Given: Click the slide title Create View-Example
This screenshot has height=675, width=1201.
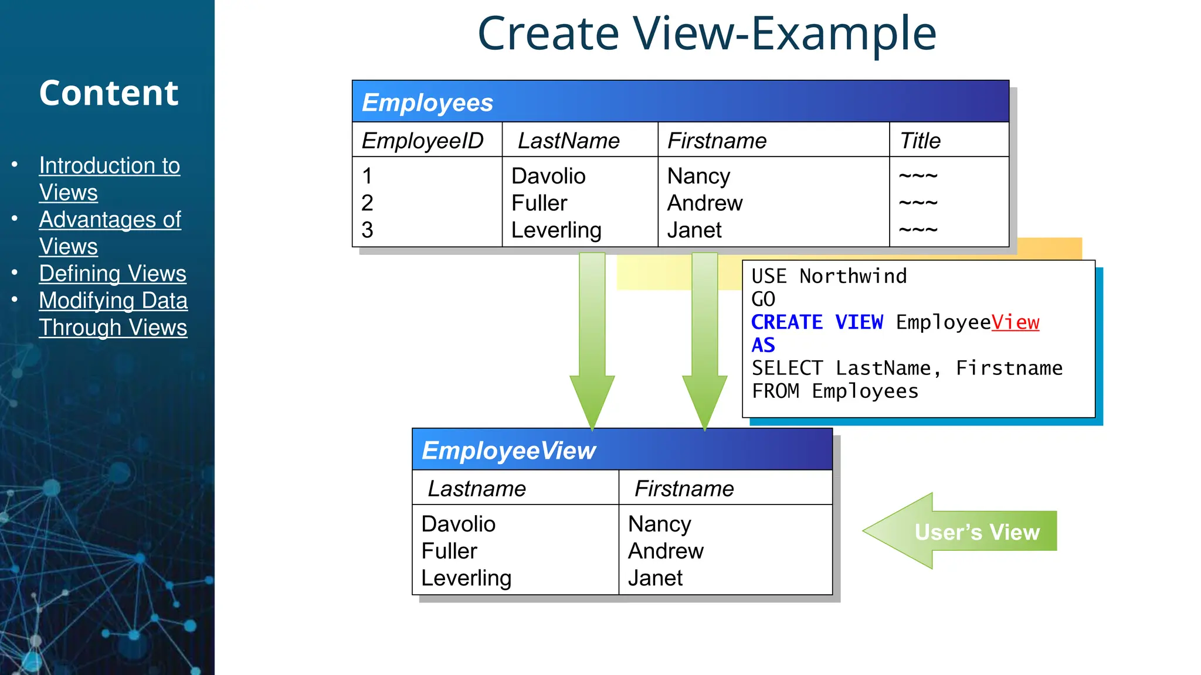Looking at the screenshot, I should (x=707, y=34).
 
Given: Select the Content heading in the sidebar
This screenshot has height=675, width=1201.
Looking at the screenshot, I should (x=108, y=93).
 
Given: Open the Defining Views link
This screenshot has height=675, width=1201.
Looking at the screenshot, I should (x=113, y=274).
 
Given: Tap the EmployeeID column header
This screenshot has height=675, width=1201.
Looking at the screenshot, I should (x=422, y=141).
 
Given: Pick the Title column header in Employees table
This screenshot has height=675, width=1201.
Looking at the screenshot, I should (x=920, y=141).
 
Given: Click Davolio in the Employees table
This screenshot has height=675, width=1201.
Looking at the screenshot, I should (x=548, y=176).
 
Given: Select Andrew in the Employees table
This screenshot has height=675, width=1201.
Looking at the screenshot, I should (x=705, y=203).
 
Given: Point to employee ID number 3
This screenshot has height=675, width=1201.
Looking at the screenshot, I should (x=368, y=230).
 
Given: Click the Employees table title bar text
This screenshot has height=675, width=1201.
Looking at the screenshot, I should (x=428, y=103).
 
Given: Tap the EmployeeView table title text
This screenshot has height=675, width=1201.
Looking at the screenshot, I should (x=508, y=451).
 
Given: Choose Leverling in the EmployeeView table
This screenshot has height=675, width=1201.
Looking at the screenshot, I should (x=466, y=578).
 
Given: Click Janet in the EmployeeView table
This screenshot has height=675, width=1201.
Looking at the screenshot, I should (x=655, y=578).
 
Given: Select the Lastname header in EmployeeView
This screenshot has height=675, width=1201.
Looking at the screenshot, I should (x=477, y=489).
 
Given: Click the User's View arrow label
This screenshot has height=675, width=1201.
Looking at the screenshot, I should (x=977, y=531).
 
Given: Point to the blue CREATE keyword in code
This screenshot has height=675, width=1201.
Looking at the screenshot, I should (x=787, y=322).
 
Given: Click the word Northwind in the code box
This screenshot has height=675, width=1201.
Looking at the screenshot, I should (x=853, y=276).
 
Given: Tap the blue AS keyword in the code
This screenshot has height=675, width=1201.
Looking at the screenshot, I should (x=763, y=345).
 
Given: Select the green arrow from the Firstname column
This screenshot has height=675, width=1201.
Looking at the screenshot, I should (x=705, y=340).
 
